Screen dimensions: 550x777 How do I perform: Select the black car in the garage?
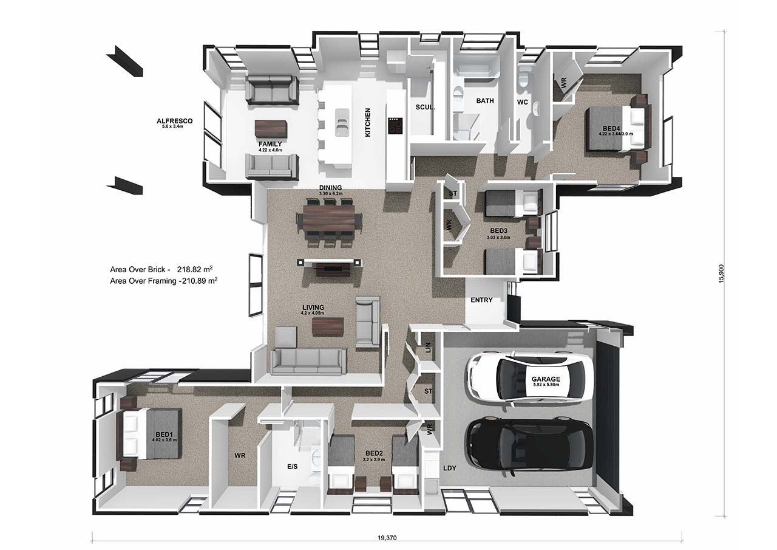point(528,445)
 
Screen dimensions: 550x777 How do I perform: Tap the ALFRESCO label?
point(174,122)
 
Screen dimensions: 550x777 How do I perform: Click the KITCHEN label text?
point(367,122)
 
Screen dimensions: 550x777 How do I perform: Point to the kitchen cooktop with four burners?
point(395,126)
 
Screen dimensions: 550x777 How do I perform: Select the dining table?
point(328,217)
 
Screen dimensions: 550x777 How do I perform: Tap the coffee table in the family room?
point(270,129)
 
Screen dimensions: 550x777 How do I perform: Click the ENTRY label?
point(481,300)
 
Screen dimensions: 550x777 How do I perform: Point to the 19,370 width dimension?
point(386,538)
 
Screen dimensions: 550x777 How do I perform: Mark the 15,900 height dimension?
point(721,273)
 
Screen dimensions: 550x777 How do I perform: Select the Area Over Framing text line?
point(164,281)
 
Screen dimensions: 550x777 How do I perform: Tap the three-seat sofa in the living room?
point(308,361)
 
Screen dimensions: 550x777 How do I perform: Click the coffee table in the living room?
point(328,326)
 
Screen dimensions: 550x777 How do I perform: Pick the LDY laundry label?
point(450,468)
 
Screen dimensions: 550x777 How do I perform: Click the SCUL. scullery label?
point(425,107)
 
